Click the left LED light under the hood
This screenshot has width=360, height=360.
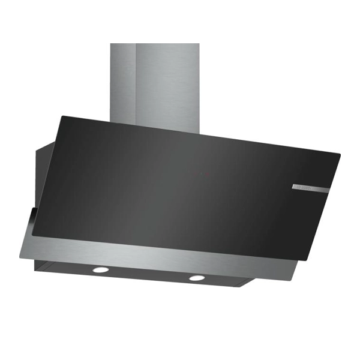tap(98, 270)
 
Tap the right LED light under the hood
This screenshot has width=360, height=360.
tap(196, 277)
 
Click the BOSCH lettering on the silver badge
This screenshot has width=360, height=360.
tap(302, 188)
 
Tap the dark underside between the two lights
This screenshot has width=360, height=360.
tap(147, 275)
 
